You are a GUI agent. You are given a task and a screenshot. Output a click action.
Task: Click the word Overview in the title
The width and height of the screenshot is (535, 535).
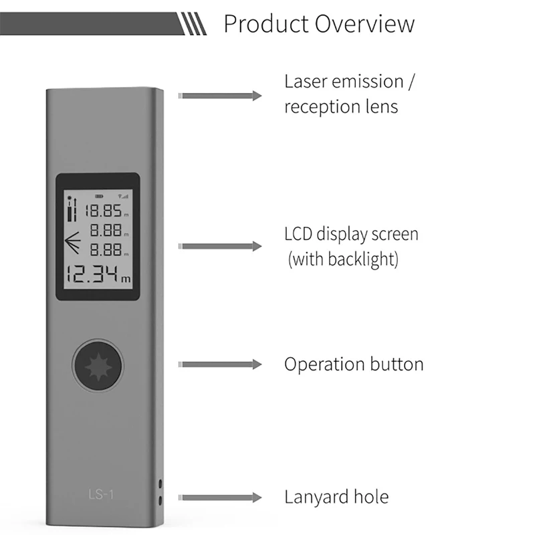click(x=364, y=24)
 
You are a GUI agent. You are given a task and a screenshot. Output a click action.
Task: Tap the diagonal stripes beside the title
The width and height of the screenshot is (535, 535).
click(x=195, y=25)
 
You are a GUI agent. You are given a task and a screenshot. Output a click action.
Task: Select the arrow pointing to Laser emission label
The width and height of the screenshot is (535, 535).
click(x=221, y=96)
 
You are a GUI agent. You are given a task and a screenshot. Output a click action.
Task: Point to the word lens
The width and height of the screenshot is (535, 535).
click(x=382, y=106)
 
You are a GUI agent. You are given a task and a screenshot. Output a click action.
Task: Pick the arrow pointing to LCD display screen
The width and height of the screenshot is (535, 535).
click(x=221, y=247)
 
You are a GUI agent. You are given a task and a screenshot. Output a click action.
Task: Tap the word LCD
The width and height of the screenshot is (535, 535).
click(x=298, y=235)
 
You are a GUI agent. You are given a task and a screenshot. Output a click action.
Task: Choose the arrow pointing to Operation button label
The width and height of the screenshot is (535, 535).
click(x=221, y=364)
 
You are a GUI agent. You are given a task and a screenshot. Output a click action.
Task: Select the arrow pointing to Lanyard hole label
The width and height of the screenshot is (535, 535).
click(x=221, y=498)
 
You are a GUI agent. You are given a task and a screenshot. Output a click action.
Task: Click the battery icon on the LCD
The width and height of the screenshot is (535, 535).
click(x=100, y=197)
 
